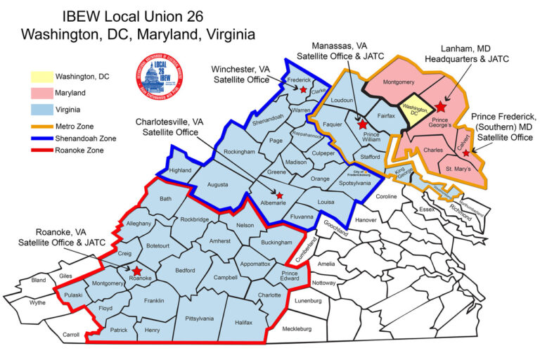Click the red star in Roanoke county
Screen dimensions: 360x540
[136, 271]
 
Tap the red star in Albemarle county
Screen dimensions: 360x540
[280, 195]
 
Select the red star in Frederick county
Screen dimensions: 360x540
[303, 90]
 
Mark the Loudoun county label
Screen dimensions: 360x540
[342, 101]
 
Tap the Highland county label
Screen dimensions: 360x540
[181, 170]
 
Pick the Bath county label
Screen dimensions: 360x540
[165, 199]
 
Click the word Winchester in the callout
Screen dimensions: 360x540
[226, 69]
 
